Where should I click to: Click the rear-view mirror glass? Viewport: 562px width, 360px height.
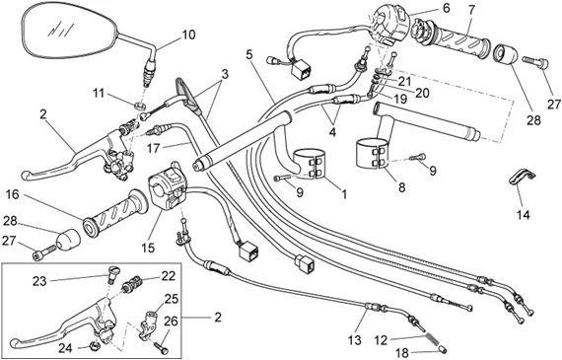tap(70, 33)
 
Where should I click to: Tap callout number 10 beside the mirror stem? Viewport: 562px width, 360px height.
tap(188, 35)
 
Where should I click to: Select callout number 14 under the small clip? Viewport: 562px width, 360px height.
tap(523, 215)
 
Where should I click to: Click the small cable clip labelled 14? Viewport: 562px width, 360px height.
tap(522, 178)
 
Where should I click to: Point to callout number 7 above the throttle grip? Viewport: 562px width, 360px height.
tap(471, 11)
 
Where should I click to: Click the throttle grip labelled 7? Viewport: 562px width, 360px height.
tap(452, 38)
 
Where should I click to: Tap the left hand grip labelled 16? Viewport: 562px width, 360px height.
tap(115, 214)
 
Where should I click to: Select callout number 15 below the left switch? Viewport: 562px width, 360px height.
tap(148, 247)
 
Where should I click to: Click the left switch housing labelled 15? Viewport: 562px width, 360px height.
tap(168, 186)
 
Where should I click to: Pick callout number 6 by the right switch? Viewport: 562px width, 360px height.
tap(446, 8)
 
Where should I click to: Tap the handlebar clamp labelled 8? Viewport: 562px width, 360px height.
tap(372, 154)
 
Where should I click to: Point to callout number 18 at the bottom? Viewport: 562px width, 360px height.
tap(402, 353)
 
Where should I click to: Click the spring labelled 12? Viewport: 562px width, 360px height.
tap(432, 340)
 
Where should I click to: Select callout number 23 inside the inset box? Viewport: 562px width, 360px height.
tap(39, 281)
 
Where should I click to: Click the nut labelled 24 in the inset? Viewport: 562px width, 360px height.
tap(95, 346)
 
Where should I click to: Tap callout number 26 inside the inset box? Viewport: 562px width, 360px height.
tap(171, 322)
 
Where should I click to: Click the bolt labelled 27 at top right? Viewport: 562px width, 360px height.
tap(535, 63)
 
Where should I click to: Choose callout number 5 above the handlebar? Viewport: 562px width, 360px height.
tap(249, 54)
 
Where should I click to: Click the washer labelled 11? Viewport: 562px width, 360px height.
tap(141, 106)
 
